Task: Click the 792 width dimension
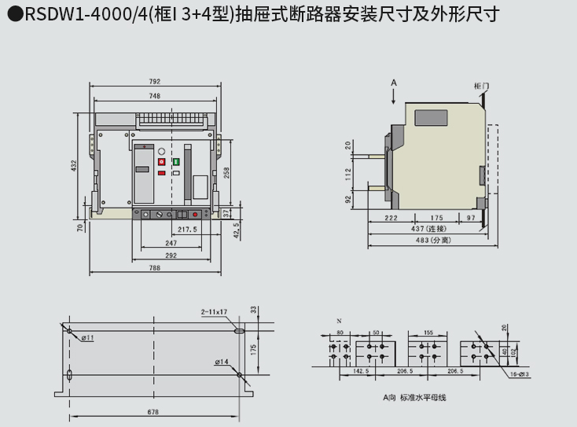(x=155, y=81)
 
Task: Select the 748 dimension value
(x=155, y=96)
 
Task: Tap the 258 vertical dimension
(x=226, y=174)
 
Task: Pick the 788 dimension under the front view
(x=155, y=268)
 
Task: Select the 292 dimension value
(x=171, y=255)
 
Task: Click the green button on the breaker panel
(x=176, y=162)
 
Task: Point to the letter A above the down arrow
(x=395, y=83)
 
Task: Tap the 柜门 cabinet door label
(x=482, y=85)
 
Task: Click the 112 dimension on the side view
(x=349, y=174)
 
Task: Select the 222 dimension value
(x=391, y=217)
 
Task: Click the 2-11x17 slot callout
(x=213, y=312)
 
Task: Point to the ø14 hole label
(x=222, y=362)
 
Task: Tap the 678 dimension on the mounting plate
(x=153, y=411)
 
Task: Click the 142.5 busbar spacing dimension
(x=362, y=370)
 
